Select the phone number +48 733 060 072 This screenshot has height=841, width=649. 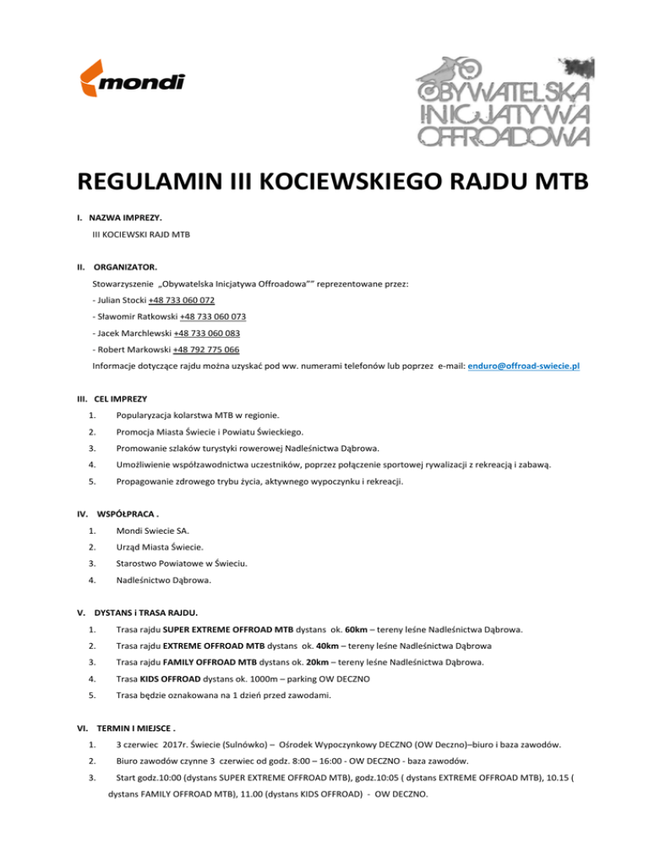click(181, 300)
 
